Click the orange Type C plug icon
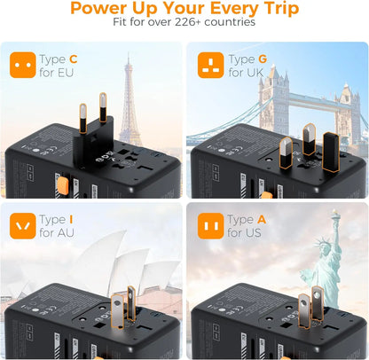coord(23,64)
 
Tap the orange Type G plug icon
coord(210,64)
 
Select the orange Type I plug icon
coord(23,225)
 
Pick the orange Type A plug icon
coord(210,225)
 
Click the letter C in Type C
coord(73,59)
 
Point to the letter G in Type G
coord(261,59)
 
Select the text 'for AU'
coord(57,232)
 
